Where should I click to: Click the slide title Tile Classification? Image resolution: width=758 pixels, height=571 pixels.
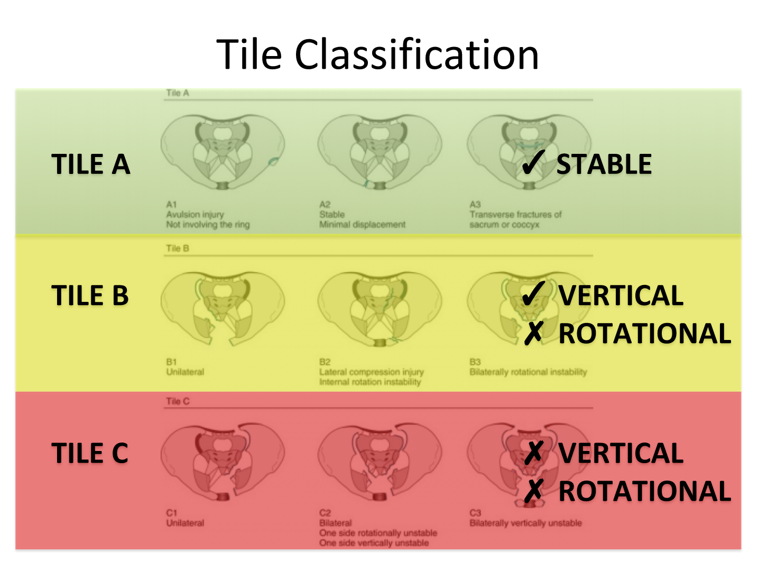[377, 54]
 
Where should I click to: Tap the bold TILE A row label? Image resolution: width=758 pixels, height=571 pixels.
[91, 164]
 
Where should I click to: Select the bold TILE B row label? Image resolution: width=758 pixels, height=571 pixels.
[90, 296]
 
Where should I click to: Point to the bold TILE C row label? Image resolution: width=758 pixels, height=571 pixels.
[90, 453]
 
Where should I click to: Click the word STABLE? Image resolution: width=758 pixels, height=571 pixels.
[604, 164]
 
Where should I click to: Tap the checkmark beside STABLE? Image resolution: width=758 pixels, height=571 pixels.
[533, 162]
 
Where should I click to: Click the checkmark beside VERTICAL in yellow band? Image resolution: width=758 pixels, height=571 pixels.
[533, 293]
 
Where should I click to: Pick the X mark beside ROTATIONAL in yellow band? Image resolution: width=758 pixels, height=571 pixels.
[534, 333]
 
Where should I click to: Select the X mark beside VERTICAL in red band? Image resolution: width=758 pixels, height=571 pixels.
[534, 452]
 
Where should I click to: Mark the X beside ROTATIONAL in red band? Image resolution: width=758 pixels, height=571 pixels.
[534, 491]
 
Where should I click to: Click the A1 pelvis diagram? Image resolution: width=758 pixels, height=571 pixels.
[223, 152]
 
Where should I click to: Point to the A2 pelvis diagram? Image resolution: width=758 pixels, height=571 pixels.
[380, 152]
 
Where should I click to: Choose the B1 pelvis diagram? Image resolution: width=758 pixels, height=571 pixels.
[223, 308]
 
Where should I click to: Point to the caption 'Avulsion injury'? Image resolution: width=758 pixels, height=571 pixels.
[195, 215]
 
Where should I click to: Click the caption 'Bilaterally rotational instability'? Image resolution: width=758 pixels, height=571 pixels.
[528, 372]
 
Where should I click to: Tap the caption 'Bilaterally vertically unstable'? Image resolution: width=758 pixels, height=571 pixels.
[525, 523]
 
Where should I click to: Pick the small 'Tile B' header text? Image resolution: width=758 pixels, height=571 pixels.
[178, 248]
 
